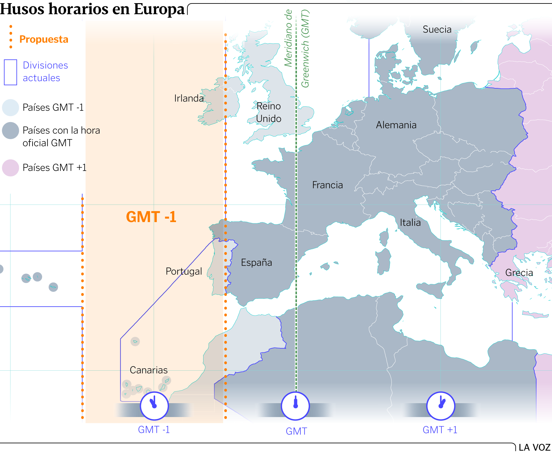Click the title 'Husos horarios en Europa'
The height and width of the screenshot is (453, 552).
[92, 9]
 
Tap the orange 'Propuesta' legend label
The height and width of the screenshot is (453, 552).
[44, 39]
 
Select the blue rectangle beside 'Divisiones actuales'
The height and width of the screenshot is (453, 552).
[10, 72]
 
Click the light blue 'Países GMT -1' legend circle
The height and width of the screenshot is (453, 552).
[10, 108]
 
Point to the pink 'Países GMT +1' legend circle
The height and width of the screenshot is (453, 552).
[10, 168]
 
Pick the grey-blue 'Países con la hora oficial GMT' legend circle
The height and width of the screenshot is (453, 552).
[10, 131]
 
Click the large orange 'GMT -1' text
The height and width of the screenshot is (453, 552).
[151, 217]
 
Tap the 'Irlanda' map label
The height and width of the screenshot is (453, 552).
[189, 98]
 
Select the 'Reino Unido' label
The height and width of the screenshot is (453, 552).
[269, 112]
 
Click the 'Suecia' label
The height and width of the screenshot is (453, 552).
[437, 30]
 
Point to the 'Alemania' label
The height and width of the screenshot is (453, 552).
[396, 125]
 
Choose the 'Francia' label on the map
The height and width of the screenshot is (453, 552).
[327, 185]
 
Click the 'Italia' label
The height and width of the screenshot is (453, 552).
[410, 223]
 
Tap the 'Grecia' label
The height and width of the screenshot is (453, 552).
[519, 273]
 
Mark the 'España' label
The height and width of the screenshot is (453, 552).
[256, 262]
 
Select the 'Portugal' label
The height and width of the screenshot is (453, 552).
[184, 271]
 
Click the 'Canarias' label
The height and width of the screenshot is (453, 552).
[149, 370]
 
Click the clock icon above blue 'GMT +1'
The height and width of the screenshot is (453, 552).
[440, 406]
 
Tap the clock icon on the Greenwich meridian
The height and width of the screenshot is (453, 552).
[295, 406]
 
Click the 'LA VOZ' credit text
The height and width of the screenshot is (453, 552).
[534, 447]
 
